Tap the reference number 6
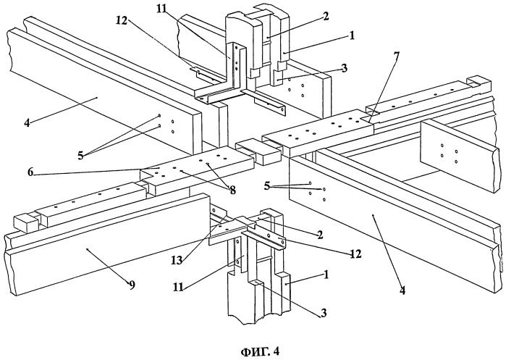click(x=30, y=172)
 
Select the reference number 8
click(x=232, y=191)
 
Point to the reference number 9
click(x=132, y=285)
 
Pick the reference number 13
click(x=177, y=260)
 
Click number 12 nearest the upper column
click(x=122, y=20)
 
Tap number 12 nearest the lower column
click(x=355, y=254)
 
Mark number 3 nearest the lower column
click(x=323, y=312)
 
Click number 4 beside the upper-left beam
click(x=27, y=122)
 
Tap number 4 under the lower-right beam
click(x=402, y=290)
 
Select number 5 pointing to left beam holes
click(x=80, y=156)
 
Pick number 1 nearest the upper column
click(x=351, y=35)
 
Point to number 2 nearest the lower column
click(x=320, y=235)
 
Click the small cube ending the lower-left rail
click(x=25, y=222)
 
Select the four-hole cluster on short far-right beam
click(x=449, y=154)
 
